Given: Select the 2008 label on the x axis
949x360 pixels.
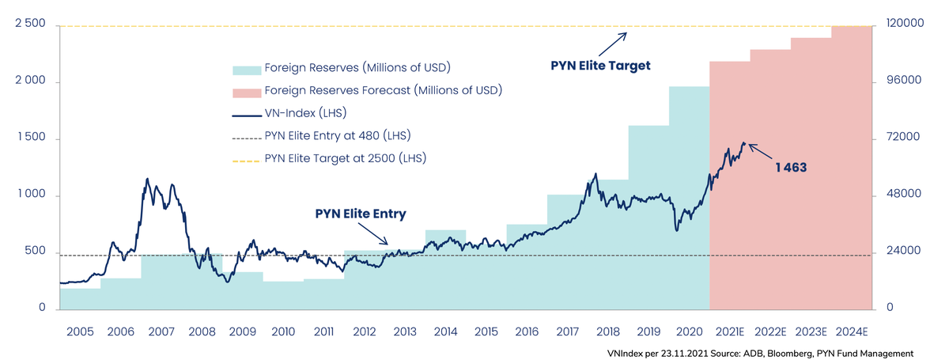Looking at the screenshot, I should pos(202,332).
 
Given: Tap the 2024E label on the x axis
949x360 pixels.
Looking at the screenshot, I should pos(853,332).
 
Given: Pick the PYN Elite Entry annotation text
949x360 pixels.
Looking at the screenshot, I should pos(361,214).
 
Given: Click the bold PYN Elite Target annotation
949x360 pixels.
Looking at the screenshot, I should pos(600,66).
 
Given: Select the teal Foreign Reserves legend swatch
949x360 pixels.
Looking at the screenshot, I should pos(246,68).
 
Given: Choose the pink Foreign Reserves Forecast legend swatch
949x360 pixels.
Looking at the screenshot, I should pos(246,90).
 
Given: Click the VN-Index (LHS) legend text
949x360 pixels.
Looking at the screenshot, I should pos(306,112).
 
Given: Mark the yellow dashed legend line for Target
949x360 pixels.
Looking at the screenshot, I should pos(246,158).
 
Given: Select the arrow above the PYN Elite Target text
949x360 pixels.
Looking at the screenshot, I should pos(614,42).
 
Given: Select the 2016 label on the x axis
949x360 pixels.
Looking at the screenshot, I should pos(527,332).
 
